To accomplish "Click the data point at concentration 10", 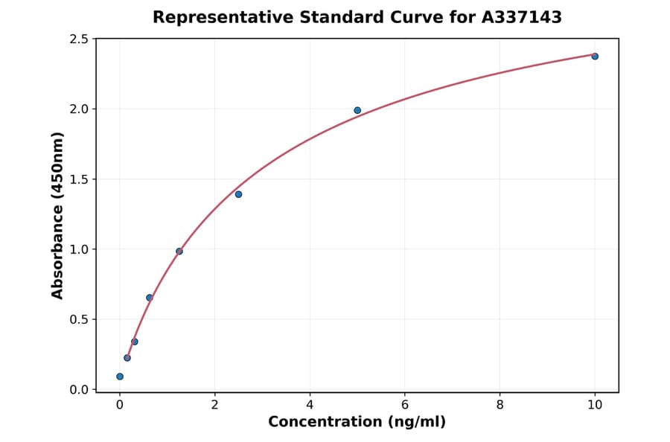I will (x=595, y=57).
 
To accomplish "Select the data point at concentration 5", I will (x=357, y=110).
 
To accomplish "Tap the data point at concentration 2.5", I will (x=238, y=194).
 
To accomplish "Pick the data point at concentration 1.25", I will (x=179, y=252).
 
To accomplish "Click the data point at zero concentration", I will (x=120, y=377).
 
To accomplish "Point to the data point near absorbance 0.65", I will (x=150, y=298).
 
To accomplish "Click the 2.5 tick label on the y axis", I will (x=79, y=39).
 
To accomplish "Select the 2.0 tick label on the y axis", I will (x=79, y=109).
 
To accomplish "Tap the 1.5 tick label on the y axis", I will (x=79, y=179).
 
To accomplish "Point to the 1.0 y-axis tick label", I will (x=79, y=249).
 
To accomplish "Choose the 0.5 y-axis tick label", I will (x=79, y=320).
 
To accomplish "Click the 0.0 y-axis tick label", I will (x=79, y=390).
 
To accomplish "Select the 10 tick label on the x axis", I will (x=595, y=405).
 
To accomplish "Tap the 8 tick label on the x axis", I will (x=500, y=405).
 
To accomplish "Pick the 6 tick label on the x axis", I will (x=405, y=405).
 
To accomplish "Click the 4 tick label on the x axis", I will (x=310, y=405).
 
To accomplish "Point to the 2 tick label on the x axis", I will (x=214, y=405).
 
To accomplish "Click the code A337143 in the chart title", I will (x=521, y=17).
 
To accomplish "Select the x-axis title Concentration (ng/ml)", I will (x=357, y=423).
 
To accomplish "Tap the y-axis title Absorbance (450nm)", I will (x=58, y=215).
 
